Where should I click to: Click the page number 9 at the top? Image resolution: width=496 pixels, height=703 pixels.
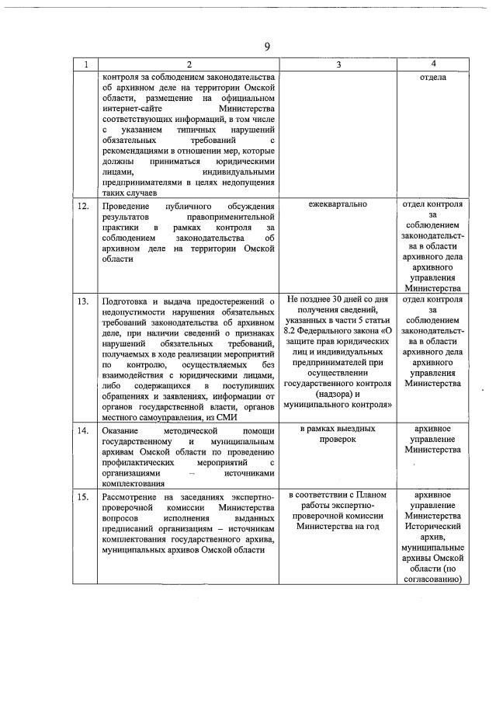click(x=266, y=47)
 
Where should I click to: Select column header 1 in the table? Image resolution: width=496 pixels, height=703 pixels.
click(x=85, y=64)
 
